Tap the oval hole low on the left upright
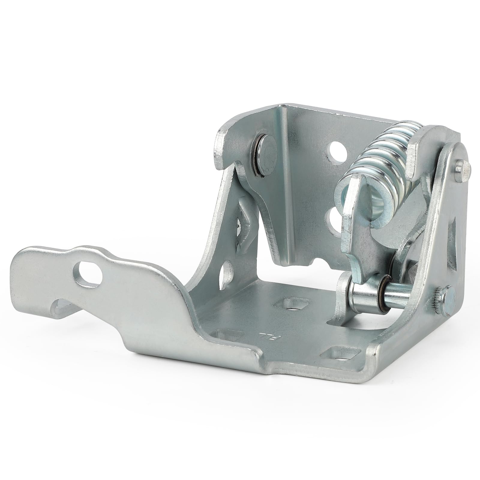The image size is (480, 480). point(227,271)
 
